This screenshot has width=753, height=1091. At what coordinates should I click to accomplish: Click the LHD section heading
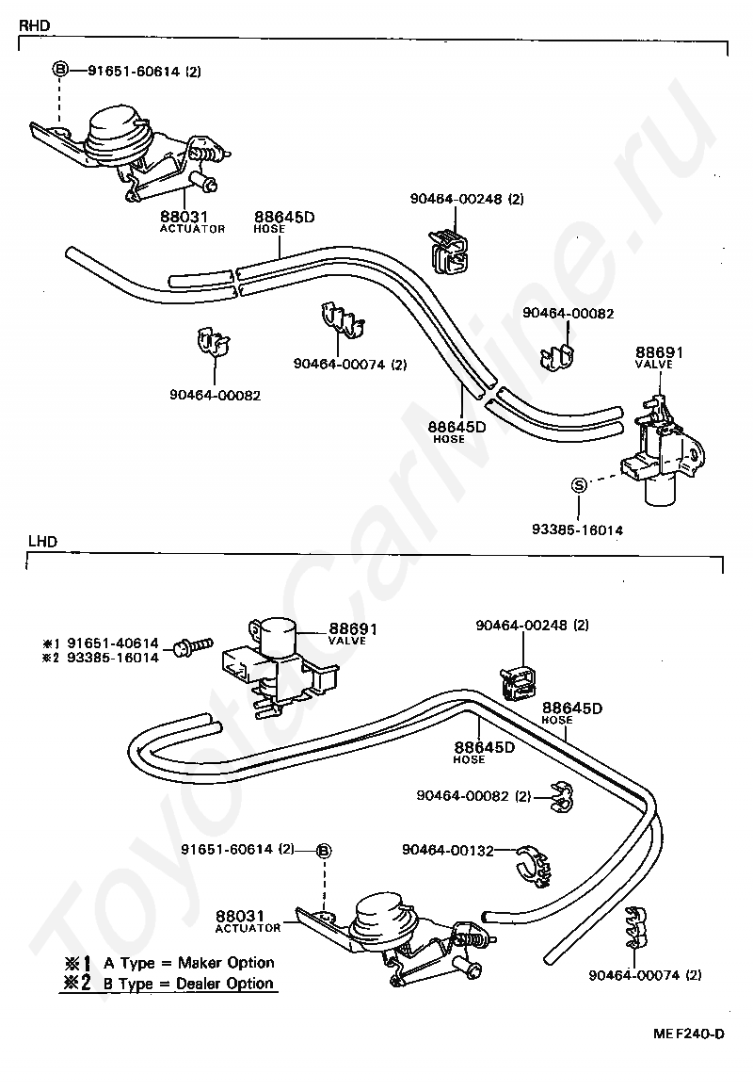[42, 542]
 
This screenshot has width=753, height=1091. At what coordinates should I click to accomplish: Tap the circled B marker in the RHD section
[59, 70]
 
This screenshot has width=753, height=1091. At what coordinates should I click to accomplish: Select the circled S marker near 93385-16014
[580, 484]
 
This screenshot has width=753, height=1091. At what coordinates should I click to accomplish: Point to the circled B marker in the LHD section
[323, 850]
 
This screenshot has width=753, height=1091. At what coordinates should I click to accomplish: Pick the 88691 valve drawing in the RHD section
[664, 448]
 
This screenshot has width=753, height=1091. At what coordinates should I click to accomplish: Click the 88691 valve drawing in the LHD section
[273, 659]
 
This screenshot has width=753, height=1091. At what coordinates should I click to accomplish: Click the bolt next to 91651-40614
[188, 648]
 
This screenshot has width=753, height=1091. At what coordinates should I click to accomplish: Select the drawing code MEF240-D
[689, 1034]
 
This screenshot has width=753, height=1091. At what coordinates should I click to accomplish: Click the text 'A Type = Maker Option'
[188, 963]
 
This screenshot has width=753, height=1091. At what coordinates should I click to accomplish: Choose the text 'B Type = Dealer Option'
[188, 984]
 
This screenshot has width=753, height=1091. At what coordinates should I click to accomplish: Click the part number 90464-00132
[448, 850]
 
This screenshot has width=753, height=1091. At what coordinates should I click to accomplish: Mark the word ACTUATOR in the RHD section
[193, 229]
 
